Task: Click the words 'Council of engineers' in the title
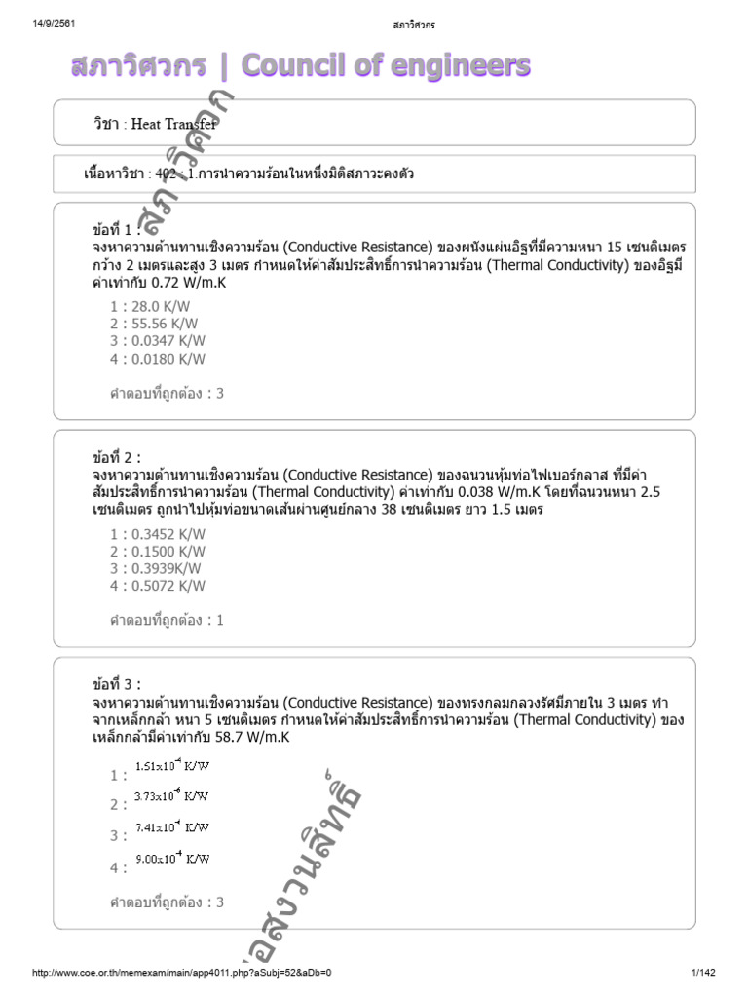click(x=386, y=65)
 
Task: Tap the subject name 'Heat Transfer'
click(x=174, y=124)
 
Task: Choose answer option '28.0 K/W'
click(x=157, y=306)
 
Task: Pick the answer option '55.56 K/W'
click(x=157, y=324)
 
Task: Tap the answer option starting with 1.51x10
click(x=170, y=767)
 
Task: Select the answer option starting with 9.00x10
click(x=170, y=859)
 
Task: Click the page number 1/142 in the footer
click(x=703, y=973)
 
